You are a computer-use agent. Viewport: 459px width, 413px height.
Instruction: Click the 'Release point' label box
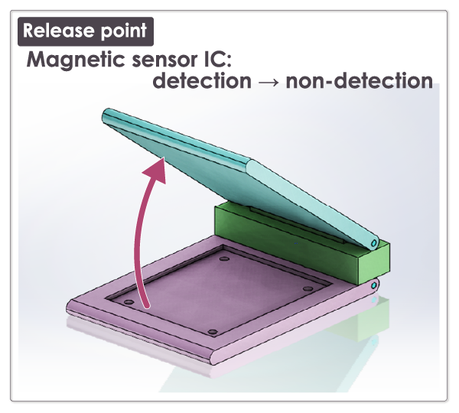coord(85,31)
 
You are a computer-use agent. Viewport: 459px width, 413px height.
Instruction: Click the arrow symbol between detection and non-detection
coord(268,82)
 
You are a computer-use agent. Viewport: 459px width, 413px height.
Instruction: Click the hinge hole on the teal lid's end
coord(373,242)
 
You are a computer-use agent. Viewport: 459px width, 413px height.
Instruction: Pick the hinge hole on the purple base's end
coord(373,285)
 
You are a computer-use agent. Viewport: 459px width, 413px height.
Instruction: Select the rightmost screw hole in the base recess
coord(308,288)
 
